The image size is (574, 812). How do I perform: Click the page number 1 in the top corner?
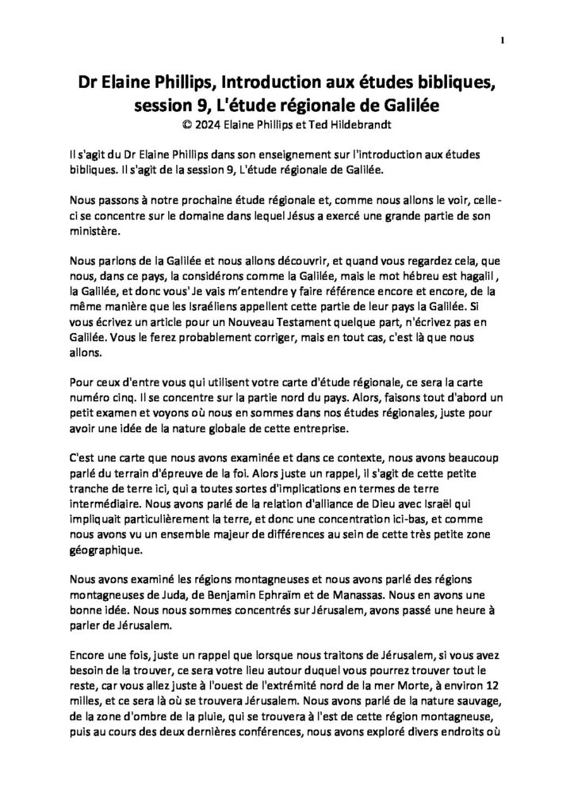[x=503, y=40]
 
